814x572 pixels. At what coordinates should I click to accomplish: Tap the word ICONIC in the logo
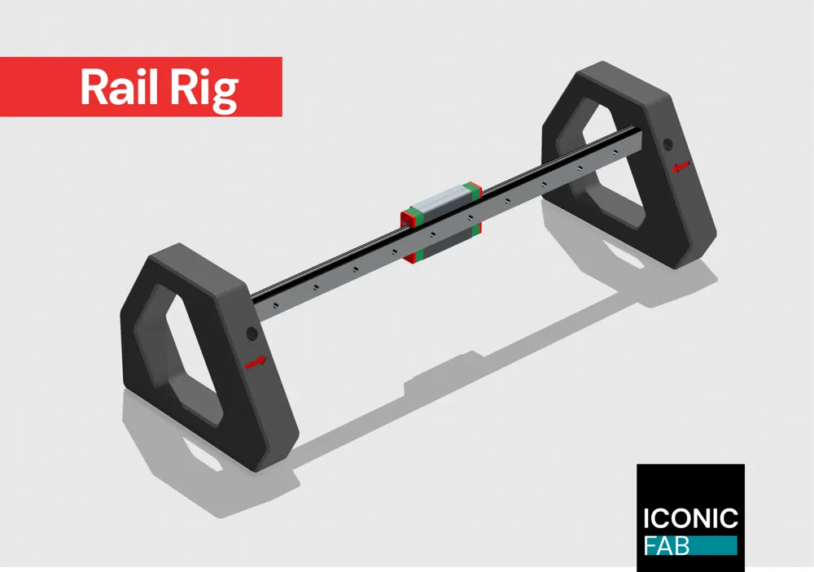click(x=689, y=517)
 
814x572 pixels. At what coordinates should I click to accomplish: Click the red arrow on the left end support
click(x=256, y=361)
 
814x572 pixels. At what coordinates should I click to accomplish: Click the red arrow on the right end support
click(x=681, y=167)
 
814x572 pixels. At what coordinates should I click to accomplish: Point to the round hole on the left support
click(x=251, y=333)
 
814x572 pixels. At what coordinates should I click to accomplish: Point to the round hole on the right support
click(x=667, y=145)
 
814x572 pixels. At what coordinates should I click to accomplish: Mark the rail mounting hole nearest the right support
click(x=616, y=160)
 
